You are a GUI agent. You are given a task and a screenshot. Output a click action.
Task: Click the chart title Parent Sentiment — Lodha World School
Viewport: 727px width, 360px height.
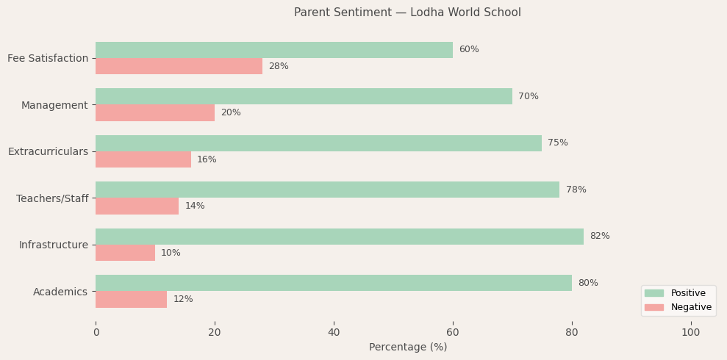point(407,12)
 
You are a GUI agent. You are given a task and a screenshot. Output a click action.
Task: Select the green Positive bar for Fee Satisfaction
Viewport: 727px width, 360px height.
point(274,50)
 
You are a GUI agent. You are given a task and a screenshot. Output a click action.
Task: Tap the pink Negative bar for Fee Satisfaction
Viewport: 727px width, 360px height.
point(179,66)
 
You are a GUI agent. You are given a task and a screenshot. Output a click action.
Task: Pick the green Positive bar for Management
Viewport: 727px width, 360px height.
point(304,96)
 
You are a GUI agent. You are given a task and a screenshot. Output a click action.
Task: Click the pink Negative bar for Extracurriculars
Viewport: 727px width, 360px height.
point(143,159)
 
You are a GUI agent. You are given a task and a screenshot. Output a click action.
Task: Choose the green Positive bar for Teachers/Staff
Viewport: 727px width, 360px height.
point(327,190)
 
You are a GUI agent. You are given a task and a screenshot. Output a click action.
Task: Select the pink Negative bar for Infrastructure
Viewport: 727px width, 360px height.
point(125,253)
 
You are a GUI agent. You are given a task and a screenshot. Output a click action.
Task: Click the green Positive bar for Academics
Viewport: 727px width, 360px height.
point(334,283)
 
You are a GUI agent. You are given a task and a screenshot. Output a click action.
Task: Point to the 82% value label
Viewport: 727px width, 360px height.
point(600,237)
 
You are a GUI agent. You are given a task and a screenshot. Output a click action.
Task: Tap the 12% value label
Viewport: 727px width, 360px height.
point(183,300)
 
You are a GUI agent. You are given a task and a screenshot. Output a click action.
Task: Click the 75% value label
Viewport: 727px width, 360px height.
point(558,143)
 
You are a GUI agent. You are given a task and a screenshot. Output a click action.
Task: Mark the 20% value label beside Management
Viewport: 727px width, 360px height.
point(231,113)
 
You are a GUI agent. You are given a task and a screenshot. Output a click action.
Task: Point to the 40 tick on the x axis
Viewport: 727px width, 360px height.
point(334,333)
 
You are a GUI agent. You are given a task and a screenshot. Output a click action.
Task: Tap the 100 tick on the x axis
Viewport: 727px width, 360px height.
point(691,333)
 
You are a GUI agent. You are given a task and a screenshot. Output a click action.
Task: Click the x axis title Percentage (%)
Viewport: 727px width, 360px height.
point(407,348)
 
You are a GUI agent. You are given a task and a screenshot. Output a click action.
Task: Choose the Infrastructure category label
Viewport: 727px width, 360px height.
point(54,245)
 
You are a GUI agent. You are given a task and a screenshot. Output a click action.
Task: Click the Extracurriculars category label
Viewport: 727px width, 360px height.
point(48,151)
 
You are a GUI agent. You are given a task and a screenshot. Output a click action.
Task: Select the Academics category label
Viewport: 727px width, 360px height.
point(60,292)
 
